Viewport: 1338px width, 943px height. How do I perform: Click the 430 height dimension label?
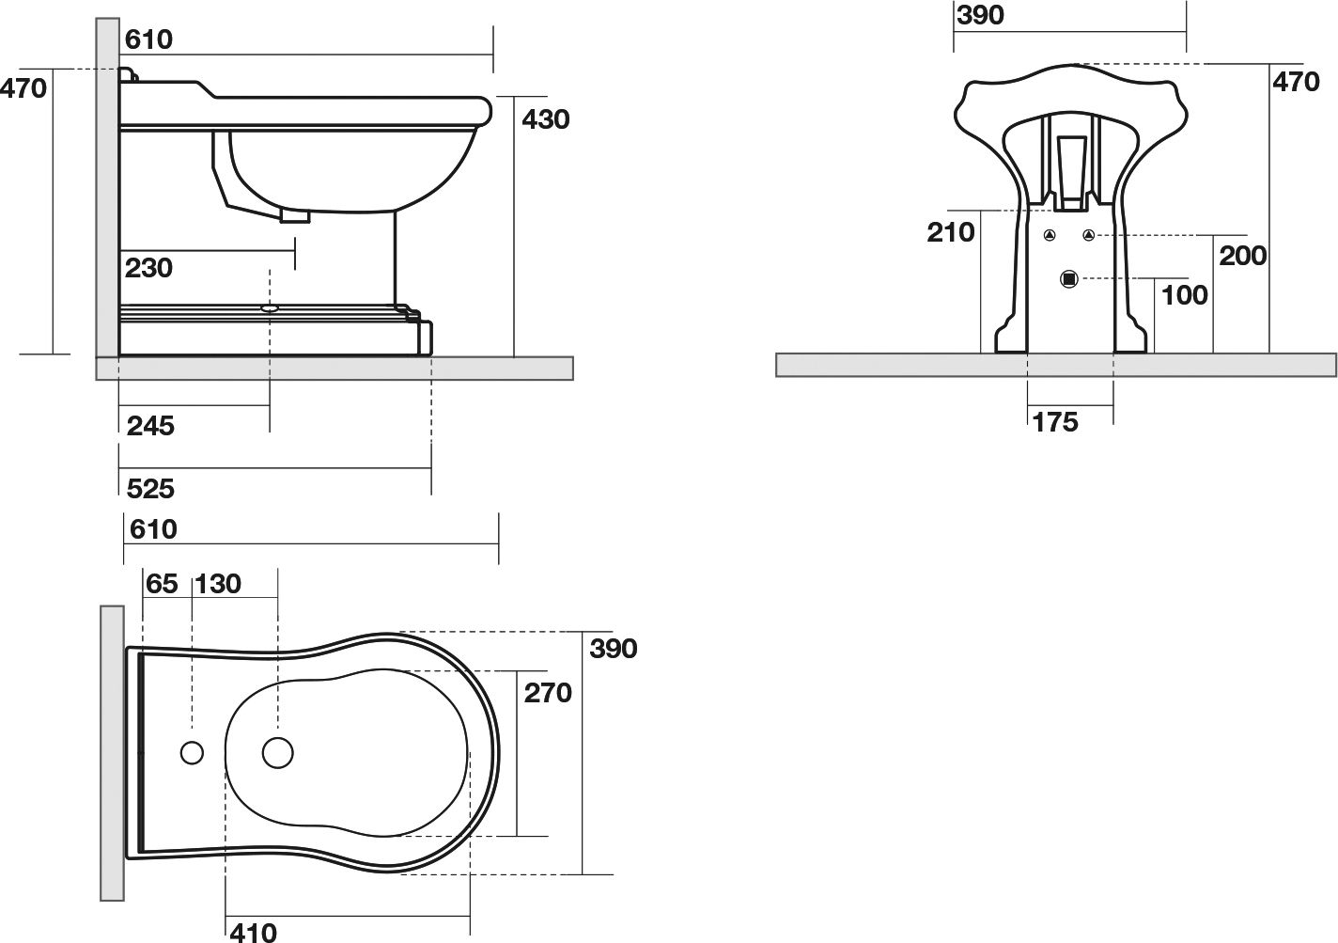coord(545,119)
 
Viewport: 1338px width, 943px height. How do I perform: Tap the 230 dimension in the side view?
coord(148,268)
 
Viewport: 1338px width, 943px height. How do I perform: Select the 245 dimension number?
coord(150,426)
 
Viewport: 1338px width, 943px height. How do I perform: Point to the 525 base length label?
coord(150,489)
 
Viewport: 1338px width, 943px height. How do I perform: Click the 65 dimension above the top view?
coord(162,584)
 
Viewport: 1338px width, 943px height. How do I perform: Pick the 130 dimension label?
coord(218,584)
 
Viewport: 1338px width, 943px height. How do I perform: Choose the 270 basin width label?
coord(548,693)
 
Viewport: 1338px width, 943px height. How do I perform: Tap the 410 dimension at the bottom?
coord(254,933)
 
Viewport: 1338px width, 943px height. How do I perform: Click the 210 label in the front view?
coord(950,232)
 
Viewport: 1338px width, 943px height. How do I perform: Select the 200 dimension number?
coord(1242,257)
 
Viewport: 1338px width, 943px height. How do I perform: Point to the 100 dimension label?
coord(1185,295)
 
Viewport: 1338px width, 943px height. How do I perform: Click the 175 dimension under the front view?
coord(1055,422)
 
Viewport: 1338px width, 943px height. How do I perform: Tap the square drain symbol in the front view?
coord(1068,279)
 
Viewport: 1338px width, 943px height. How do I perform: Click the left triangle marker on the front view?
coord(1050,235)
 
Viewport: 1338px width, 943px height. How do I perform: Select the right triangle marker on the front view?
coord(1088,235)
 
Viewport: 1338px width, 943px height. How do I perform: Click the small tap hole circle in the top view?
coord(192,753)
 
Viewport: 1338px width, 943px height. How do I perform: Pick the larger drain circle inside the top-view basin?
coord(278,753)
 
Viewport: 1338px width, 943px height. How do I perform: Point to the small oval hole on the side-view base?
coord(270,309)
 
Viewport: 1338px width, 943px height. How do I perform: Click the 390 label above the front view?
coord(980,15)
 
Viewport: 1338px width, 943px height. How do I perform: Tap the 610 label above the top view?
coord(153,529)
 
